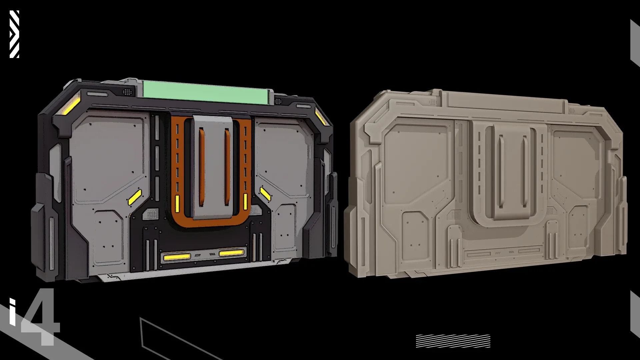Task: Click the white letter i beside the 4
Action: [x=12, y=312]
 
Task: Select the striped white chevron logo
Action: [x=14, y=34]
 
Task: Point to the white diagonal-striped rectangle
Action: [x=453, y=341]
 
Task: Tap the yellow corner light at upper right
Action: [x=321, y=116]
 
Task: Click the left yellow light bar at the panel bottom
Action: [x=177, y=257]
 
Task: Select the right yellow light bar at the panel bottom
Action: [x=231, y=253]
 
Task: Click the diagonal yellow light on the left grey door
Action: [x=135, y=197]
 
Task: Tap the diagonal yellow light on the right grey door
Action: [x=265, y=194]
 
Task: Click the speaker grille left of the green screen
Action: [x=127, y=91]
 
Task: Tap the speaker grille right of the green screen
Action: [x=278, y=101]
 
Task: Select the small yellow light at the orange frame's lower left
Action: [x=177, y=201]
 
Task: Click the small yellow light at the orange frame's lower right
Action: [x=246, y=201]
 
